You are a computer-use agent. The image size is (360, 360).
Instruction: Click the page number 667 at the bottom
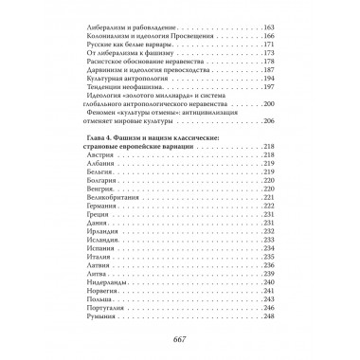pos(180,341)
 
